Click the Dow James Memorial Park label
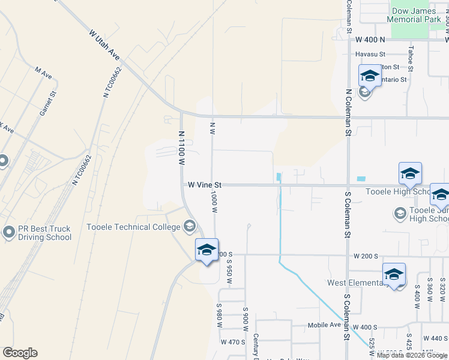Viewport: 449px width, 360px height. (x=417, y=15)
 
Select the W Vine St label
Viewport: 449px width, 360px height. (x=205, y=185)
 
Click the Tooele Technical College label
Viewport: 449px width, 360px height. (x=133, y=227)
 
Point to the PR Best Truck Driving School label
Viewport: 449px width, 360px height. (x=45, y=233)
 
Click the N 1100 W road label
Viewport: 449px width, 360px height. (x=181, y=148)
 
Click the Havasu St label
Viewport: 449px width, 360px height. (x=370, y=54)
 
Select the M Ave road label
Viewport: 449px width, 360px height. (x=43, y=71)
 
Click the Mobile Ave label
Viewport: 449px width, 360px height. (x=324, y=325)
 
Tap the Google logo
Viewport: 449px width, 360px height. (x=20, y=353)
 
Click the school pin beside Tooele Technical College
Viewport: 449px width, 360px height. (x=206, y=249)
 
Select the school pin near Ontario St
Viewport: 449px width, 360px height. (x=370, y=76)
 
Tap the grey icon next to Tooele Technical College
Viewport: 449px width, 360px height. (x=190, y=226)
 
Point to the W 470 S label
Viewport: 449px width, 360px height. (x=233, y=342)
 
